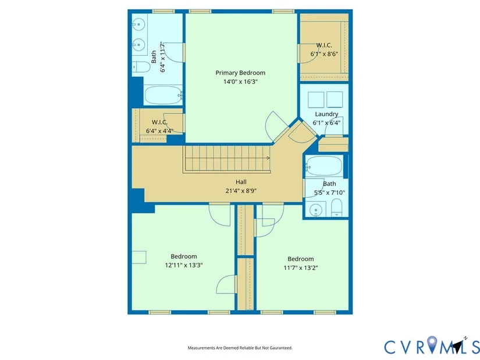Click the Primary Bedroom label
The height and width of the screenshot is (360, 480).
click(x=240, y=73)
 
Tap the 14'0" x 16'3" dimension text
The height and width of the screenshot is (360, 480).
click(x=240, y=82)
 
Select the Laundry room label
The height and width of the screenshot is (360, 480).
click(x=326, y=114)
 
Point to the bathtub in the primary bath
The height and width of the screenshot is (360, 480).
click(x=163, y=95)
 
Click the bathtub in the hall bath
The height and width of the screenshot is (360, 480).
click(x=324, y=166)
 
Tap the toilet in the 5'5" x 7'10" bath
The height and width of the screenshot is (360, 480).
click(x=336, y=208)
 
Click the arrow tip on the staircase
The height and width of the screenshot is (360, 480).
click(x=269, y=158)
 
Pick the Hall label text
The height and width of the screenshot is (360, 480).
click(x=241, y=182)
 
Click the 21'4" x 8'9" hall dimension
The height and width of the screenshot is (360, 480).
click(x=241, y=191)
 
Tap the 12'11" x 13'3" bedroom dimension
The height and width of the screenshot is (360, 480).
click(x=184, y=265)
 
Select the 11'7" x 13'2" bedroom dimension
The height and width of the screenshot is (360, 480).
click(x=301, y=268)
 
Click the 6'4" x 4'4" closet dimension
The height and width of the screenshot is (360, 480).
click(x=159, y=131)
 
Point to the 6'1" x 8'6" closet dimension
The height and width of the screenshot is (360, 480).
click(x=324, y=54)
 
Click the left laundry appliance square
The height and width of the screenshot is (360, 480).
click(x=316, y=99)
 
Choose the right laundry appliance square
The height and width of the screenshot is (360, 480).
click(x=335, y=99)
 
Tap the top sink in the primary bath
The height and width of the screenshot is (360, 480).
click(x=138, y=23)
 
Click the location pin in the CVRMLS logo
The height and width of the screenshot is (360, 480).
click(x=432, y=344)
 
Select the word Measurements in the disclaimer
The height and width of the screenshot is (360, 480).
click(x=197, y=348)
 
